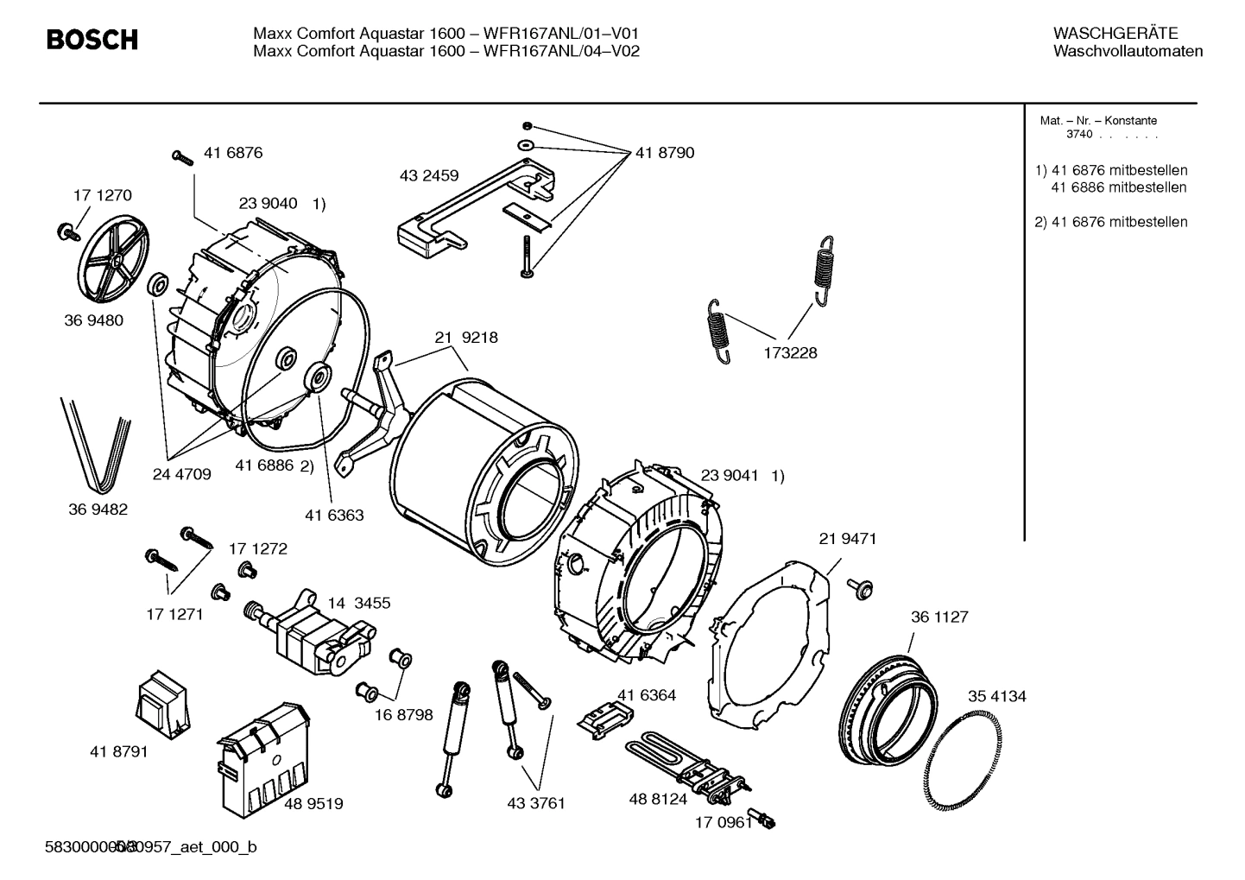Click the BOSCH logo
click(92, 40)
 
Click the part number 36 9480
click(93, 320)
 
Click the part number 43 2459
click(429, 176)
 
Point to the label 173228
click(789, 353)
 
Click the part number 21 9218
click(466, 338)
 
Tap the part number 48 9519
click(313, 804)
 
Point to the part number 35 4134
click(996, 697)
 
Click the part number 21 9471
click(847, 539)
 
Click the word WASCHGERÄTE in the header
click(1115, 34)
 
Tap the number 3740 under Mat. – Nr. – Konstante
click(1078, 135)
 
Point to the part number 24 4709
click(181, 475)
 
